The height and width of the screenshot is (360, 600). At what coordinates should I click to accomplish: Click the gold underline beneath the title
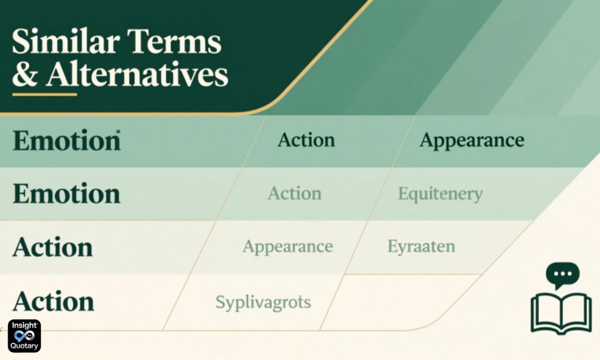pyautogui.click(x=44, y=94)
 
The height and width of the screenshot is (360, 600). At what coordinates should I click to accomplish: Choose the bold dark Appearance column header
pyautogui.click(x=471, y=140)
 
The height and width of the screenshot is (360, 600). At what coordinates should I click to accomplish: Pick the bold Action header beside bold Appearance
pyautogui.click(x=306, y=140)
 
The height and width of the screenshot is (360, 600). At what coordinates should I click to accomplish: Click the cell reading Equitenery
pyautogui.click(x=440, y=193)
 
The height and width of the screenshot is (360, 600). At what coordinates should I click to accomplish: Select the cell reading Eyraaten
pyautogui.click(x=421, y=246)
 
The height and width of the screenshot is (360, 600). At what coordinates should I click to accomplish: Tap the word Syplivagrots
pyautogui.click(x=263, y=302)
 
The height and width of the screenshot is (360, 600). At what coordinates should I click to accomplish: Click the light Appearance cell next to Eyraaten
pyautogui.click(x=287, y=246)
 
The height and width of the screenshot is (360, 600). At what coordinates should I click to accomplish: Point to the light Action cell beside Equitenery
pyautogui.click(x=294, y=193)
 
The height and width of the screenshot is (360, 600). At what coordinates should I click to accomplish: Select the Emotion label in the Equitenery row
pyautogui.click(x=66, y=193)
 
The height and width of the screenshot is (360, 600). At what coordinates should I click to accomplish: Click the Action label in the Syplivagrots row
pyautogui.click(x=53, y=301)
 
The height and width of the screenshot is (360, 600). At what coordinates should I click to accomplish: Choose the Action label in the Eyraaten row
pyautogui.click(x=53, y=247)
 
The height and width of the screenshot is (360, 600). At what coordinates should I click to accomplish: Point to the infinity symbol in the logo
pyautogui.click(x=24, y=336)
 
